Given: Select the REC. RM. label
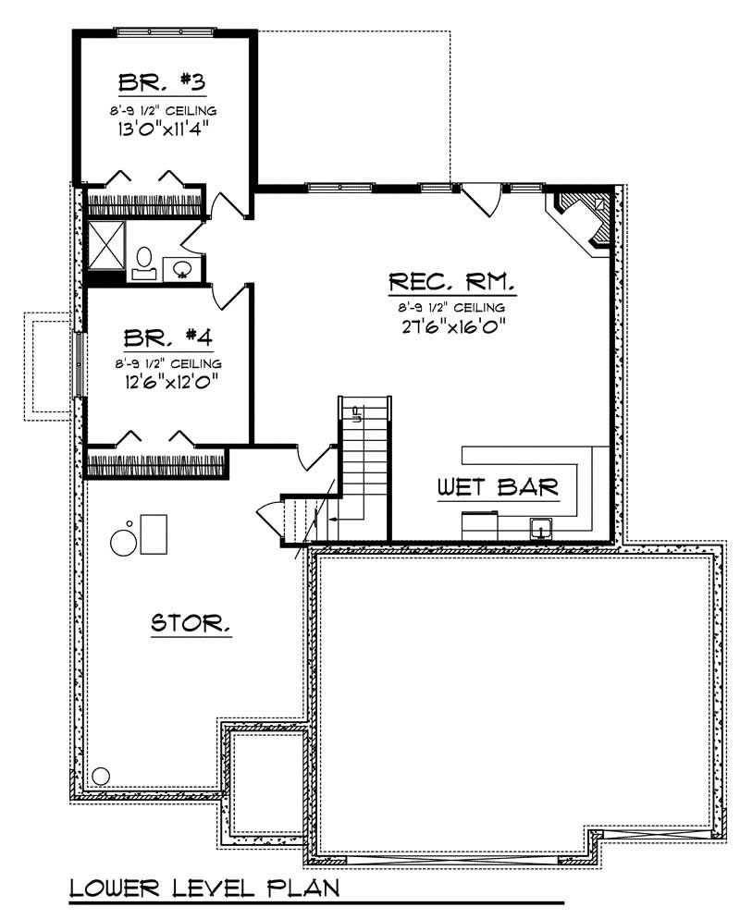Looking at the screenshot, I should tap(451, 280).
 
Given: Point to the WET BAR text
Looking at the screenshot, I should tap(498, 488).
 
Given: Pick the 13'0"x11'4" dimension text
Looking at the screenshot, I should tap(160, 129).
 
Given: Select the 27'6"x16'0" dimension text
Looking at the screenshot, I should tap(451, 326).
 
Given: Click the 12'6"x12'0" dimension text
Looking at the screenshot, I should tap(159, 381).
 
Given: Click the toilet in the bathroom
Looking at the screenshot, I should tap(144, 260).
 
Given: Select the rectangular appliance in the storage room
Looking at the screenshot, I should tap(154, 533).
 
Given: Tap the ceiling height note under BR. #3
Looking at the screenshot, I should tap(160, 110).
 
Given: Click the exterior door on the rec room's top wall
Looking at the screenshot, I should tap(481, 196).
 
